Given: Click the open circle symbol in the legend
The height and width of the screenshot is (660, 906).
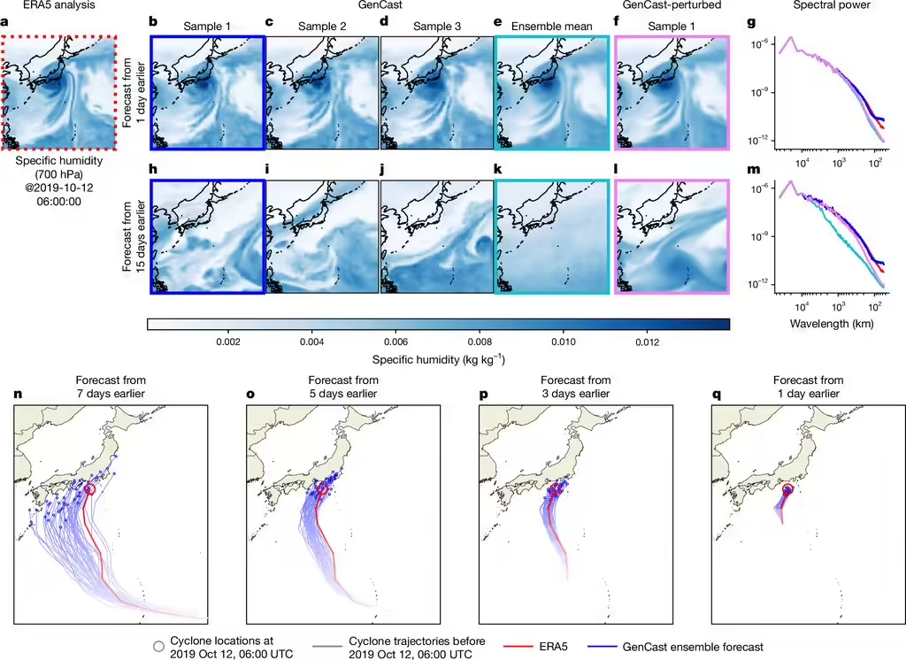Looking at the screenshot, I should click(158, 647).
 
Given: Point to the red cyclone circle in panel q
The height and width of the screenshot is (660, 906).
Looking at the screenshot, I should click(787, 488).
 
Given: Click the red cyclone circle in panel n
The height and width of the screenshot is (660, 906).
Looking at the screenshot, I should click(89, 488).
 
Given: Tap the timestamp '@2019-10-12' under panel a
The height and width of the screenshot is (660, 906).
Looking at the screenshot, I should click(58, 187).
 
